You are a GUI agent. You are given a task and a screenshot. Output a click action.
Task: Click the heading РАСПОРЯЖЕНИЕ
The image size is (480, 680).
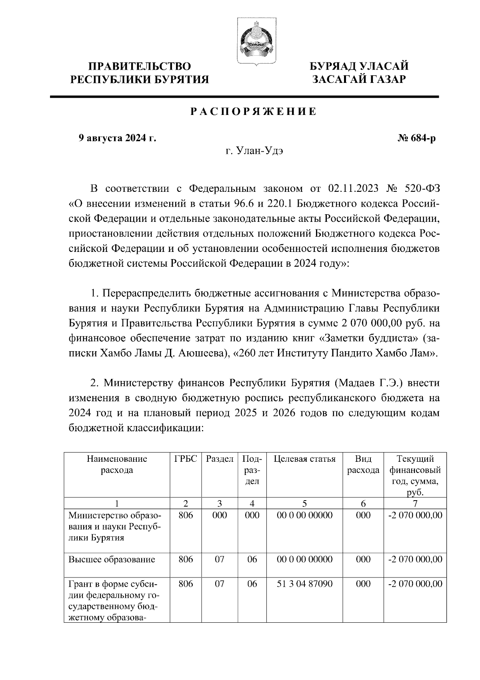click(253, 112)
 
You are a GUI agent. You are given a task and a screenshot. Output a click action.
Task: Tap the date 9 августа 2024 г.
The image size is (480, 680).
click(117, 139)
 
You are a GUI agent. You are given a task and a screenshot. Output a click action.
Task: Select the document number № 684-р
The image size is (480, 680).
click(416, 139)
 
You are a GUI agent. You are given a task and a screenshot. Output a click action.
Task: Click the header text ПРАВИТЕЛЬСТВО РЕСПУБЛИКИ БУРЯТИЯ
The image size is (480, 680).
click(140, 72)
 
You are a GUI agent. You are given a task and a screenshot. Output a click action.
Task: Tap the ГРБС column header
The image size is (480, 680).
click(186, 459)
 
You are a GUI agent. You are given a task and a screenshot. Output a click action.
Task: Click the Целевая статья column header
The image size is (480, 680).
click(304, 459)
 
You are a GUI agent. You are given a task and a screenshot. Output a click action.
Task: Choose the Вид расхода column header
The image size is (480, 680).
click(363, 465)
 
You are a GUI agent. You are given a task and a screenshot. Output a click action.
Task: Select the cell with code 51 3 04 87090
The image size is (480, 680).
click(304, 584)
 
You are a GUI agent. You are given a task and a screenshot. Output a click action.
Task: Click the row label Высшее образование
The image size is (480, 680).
click(112, 559)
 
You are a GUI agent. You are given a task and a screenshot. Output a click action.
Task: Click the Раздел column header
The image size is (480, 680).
click(220, 459)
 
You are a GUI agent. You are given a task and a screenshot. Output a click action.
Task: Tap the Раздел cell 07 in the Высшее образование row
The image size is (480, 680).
click(220, 559)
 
